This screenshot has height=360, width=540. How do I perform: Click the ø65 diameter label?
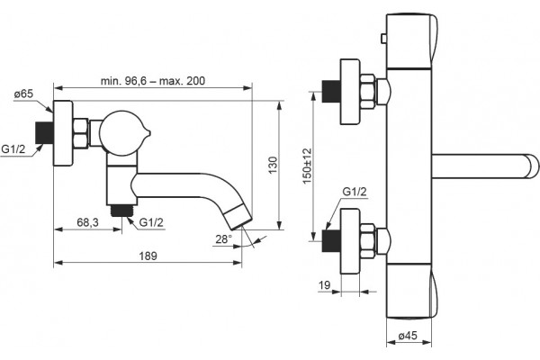(23, 94)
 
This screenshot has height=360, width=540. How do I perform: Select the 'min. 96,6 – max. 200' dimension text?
(153, 81)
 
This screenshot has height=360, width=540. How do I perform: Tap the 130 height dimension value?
(273, 166)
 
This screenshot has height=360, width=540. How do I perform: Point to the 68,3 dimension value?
(87, 222)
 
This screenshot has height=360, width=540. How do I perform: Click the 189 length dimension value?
(148, 256)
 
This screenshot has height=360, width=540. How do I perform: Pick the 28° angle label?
(224, 239)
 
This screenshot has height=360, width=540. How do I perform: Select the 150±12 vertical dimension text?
(307, 166)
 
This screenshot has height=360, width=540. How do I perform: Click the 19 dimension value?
(324, 285)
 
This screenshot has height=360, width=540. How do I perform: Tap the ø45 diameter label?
(408, 335)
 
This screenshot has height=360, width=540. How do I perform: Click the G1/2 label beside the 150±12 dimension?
(355, 192)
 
